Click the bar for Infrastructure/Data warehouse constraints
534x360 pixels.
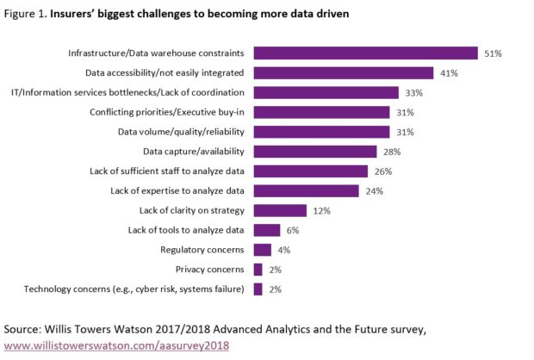[365, 53]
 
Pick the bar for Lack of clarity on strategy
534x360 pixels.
[280, 210]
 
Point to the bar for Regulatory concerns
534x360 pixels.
[263, 250]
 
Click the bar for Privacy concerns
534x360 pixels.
[258, 270]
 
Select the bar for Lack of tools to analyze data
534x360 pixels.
[267, 230]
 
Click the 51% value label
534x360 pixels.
[493, 53]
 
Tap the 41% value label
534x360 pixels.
[449, 73]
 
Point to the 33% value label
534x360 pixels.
[413, 93]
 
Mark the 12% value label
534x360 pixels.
[321, 210]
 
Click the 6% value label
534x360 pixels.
[293, 230]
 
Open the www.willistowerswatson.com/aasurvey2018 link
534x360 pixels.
[116, 344]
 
